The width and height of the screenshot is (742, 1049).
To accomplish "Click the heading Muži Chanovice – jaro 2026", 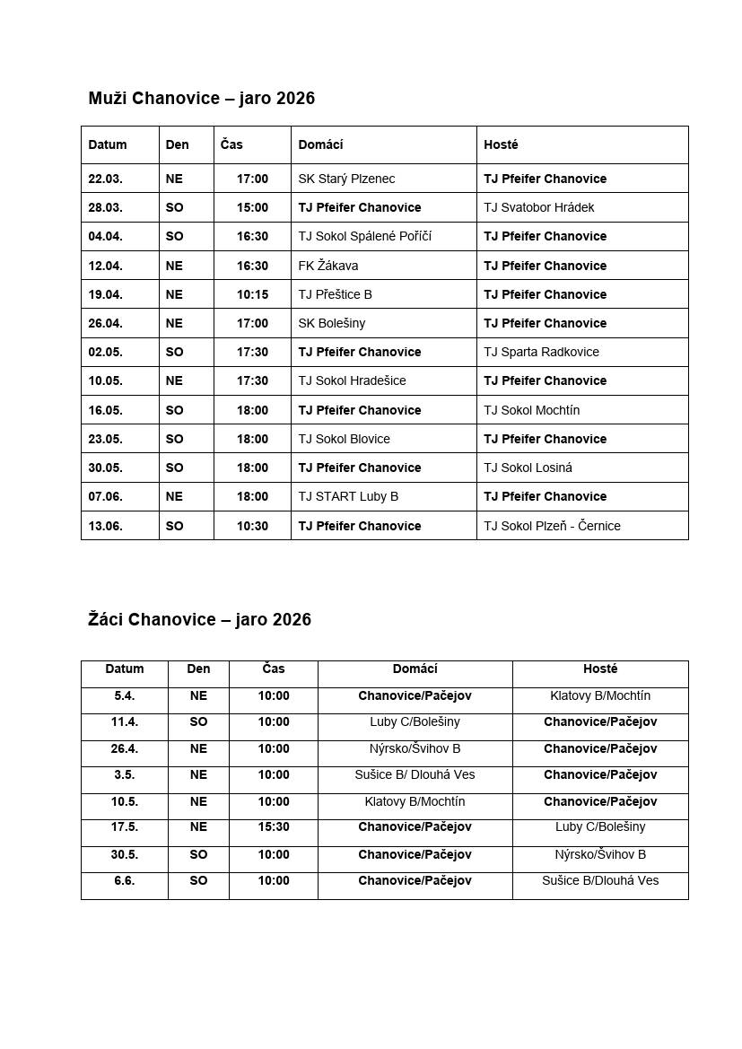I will tap(201, 98).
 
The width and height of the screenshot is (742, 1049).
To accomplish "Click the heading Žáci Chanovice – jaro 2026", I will tap(199, 619).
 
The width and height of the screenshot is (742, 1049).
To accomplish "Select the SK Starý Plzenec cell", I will tap(346, 179).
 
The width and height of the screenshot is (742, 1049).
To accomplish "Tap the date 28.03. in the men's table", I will tap(105, 207).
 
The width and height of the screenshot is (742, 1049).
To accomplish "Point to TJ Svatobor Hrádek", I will tap(538, 207).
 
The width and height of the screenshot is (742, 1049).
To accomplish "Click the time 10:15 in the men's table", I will tap(252, 294).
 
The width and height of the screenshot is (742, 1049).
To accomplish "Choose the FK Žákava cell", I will tap(327, 266).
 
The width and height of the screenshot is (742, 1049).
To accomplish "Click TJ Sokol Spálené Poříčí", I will tap(364, 236).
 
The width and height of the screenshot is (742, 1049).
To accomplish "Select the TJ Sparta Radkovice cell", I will tap(541, 352).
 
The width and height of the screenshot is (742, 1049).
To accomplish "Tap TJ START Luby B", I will tap(348, 496).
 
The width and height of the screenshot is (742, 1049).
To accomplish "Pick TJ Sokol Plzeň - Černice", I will tap(552, 526).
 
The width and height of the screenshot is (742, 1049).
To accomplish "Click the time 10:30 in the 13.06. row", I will tap(252, 526).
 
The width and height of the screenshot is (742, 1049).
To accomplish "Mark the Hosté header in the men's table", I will tap(501, 144).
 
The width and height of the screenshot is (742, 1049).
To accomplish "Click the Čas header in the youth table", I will tap(274, 669).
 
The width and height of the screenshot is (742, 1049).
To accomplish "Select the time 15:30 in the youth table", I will tap(274, 826).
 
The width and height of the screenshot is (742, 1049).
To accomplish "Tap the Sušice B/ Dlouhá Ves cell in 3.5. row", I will tap(415, 774).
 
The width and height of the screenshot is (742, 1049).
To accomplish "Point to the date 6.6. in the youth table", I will tap(124, 880).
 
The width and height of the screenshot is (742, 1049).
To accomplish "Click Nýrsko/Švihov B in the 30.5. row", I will tap(600, 854).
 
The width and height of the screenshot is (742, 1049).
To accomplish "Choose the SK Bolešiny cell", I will tap(331, 323).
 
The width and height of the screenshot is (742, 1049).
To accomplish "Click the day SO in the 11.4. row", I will tap(198, 721).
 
